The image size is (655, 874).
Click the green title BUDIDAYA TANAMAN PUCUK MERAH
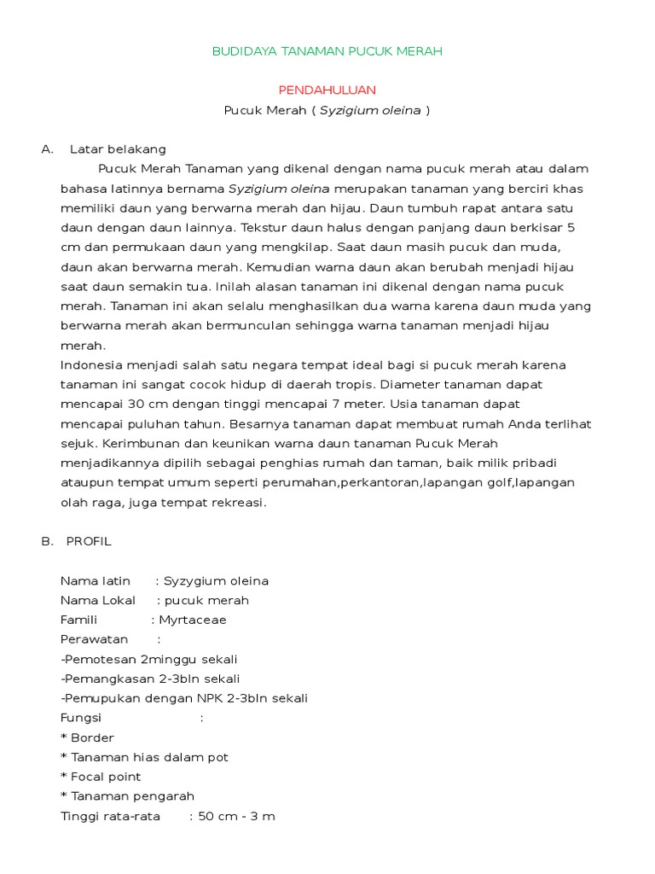(327, 52)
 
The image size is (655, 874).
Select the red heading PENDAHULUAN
(327, 90)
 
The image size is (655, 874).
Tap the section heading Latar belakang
(118, 149)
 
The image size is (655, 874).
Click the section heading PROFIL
(89, 542)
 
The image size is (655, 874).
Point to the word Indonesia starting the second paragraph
(90, 365)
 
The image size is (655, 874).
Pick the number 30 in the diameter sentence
(135, 405)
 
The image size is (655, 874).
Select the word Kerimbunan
(139, 444)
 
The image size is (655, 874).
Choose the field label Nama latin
(96, 581)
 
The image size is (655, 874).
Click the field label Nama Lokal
(98, 601)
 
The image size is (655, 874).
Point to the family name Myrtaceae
(193, 621)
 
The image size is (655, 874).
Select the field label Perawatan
(94, 640)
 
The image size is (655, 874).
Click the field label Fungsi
(81, 719)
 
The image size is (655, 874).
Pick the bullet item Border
(92, 738)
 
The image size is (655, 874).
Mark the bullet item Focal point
(106, 778)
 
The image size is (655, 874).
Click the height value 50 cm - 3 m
(237, 817)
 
